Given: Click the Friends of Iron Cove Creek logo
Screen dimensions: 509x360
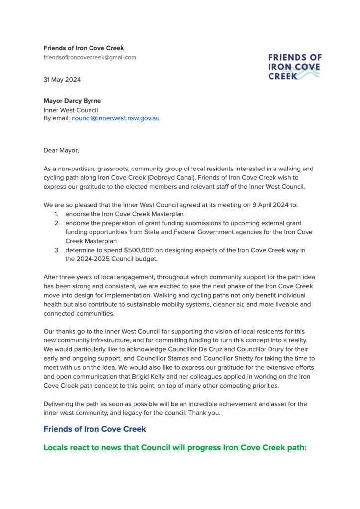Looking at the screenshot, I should point(294,67).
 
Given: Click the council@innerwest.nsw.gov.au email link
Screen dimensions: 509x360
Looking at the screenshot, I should point(115,118).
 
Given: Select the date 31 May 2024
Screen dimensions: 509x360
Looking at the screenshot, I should point(62,80).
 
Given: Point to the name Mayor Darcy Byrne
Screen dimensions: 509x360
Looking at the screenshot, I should point(72,101).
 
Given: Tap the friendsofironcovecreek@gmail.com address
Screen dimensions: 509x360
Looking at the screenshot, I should point(90,57).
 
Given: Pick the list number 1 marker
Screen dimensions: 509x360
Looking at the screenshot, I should point(56,214).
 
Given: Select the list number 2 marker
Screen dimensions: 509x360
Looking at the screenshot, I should point(57,223).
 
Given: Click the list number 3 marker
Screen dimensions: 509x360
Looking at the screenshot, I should point(57,250).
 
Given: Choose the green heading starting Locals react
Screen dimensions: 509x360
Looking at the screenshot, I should point(175,448).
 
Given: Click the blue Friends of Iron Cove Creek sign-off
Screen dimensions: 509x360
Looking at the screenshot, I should point(94,429).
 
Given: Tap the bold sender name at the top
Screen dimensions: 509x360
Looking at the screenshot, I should point(84,48).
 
